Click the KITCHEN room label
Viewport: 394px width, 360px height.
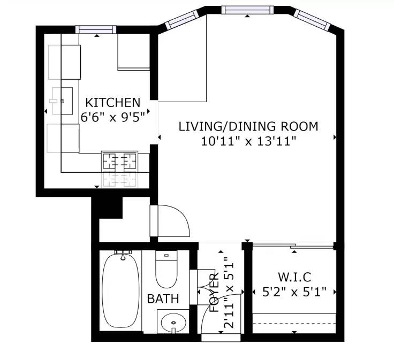[x=112, y=102]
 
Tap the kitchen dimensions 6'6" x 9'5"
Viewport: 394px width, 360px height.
[x=113, y=117]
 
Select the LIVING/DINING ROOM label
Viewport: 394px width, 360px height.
[x=248, y=126]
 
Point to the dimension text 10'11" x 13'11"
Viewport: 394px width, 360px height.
[x=248, y=141]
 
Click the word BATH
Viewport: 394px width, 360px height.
[x=163, y=298]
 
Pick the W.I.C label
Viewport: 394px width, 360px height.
[x=294, y=277]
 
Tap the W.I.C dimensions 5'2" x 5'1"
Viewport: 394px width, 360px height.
[x=294, y=292]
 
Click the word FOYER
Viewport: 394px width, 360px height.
[x=214, y=293]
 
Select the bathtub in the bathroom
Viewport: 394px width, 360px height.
[x=121, y=290]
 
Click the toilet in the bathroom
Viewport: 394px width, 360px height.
[x=166, y=270]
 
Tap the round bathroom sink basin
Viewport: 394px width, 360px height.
[x=173, y=323]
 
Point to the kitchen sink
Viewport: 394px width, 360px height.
[x=62, y=101]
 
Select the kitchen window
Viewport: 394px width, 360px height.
[x=96, y=29]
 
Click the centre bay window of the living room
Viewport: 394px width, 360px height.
[x=247, y=10]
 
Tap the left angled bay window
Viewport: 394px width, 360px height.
[x=182, y=20]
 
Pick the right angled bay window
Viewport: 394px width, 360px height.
[x=312, y=20]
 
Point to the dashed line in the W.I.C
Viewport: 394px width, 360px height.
[x=294, y=324]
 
